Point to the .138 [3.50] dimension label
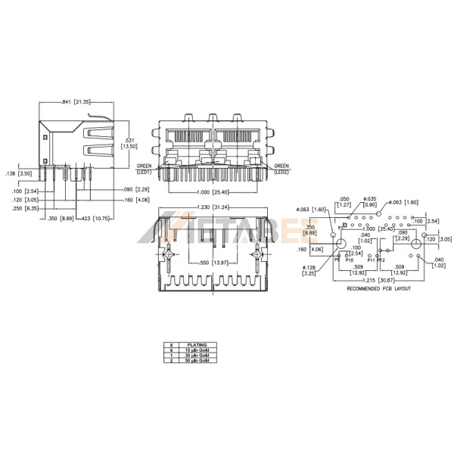coord(21,174)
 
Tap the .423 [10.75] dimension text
coord(96,219)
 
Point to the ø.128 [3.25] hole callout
coord(309,270)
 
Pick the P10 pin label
coord(349,260)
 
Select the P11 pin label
coord(371,260)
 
